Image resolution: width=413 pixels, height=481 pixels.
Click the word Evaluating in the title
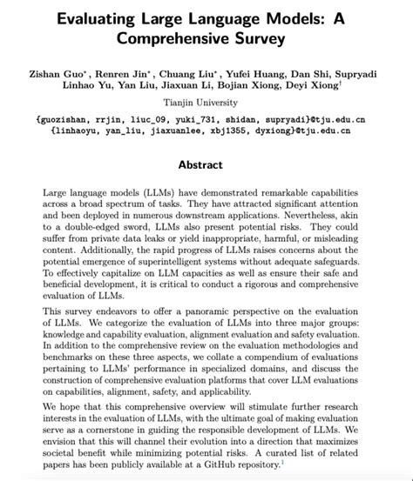[x=97, y=17]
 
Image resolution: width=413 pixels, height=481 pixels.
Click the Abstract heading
[x=206, y=164]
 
